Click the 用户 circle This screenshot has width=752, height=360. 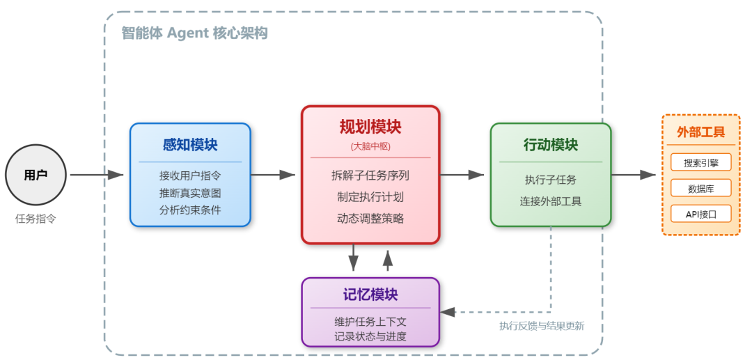coord(36,175)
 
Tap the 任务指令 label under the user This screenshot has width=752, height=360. coord(36,219)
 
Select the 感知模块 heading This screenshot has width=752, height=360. coord(190,145)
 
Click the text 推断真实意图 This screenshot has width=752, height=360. coord(190,193)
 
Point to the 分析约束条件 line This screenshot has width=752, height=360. coord(190,210)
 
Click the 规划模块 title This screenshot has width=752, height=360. coord(370,127)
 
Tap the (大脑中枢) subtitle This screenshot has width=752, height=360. coord(370,146)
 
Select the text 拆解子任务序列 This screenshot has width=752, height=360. coord(370,175)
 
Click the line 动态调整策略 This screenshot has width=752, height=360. coord(370,219)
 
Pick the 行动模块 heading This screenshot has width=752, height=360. coord(551,145)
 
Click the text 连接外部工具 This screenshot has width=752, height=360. coord(551,202)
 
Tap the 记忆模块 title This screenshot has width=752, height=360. coord(370,295)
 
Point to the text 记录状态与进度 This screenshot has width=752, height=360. coord(370,337)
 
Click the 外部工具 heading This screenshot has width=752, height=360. coord(700,132)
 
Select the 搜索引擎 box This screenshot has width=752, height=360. coord(700,163)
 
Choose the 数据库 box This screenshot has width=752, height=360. coord(700,188)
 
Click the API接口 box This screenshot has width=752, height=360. coord(700,213)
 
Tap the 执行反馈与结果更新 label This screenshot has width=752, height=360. coord(542,326)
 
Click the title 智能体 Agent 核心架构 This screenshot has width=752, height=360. coord(194,33)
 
